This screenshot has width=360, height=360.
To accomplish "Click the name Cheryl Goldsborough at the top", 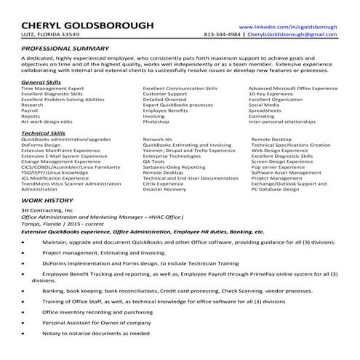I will pos(87,25).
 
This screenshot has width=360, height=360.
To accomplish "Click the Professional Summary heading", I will pos(64,48).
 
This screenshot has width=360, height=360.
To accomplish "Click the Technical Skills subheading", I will pos(44,134).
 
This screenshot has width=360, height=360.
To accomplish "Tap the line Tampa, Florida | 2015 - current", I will pos(60,224).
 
